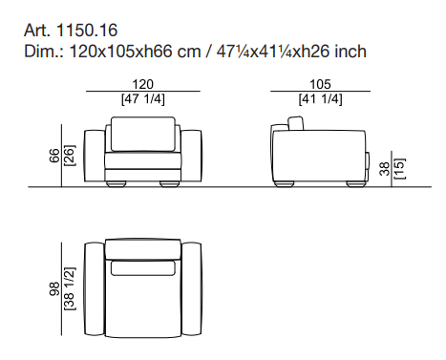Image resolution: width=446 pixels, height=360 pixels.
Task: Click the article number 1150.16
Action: point(87,31)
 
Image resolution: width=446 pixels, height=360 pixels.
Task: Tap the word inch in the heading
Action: point(350,52)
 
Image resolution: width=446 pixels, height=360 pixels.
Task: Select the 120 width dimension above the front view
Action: point(143,84)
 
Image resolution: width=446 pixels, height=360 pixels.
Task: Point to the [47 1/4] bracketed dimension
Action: point(143,99)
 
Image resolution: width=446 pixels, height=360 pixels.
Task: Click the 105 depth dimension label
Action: point(320,84)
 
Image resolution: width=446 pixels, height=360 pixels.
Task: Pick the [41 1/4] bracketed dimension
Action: point(320,99)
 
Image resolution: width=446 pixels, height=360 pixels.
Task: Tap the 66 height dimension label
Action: point(54,156)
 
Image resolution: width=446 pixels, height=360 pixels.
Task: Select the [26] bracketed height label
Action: point(70,156)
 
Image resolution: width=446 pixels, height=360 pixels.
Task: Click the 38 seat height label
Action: point(385,169)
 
